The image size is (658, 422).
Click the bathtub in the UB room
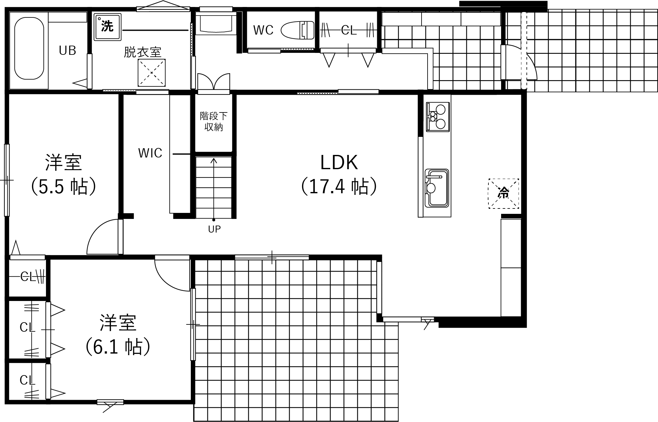(29, 48)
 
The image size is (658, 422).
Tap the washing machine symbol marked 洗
(107, 27)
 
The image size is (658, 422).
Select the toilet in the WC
(298, 30)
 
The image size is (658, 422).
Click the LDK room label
(339, 163)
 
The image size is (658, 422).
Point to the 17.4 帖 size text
(339, 186)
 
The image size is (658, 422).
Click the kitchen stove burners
(438, 117)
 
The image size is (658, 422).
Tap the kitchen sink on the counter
(437, 188)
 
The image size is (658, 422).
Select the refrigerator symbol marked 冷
(504, 194)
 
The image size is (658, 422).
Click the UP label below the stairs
(214, 229)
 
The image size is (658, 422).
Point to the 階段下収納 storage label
(214, 121)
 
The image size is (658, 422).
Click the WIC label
(150, 153)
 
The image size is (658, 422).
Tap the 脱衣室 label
(142, 52)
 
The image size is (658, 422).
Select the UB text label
(68, 50)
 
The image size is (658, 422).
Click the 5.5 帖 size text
(64, 186)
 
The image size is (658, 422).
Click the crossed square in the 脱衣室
(152, 73)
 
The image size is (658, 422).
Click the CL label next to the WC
(349, 30)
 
